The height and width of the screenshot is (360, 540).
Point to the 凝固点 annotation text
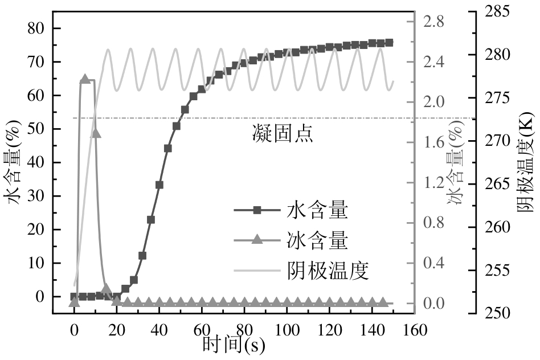click(283, 134)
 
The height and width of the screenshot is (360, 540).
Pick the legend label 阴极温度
click(328, 271)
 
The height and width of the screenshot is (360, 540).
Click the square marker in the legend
click(257, 211)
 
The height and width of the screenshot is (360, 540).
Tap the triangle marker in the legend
click(257, 240)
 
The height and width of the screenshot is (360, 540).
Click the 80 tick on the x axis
click(244, 330)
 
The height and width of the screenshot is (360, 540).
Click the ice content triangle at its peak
click(85, 79)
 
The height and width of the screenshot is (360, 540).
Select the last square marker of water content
click(389, 43)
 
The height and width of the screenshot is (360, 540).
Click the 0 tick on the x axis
click(74, 330)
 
